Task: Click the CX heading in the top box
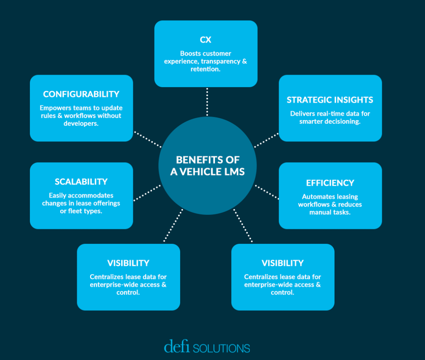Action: click(205, 40)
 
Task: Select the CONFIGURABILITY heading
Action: click(81, 94)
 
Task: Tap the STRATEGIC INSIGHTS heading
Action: click(330, 100)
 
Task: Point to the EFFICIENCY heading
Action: click(330, 183)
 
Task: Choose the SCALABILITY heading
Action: click(81, 182)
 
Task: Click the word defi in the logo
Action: click(177, 346)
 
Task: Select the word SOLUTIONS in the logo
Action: click(222, 348)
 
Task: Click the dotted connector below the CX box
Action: click(207, 102)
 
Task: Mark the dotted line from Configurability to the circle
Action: click(148, 139)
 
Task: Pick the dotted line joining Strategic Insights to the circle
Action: click(266, 140)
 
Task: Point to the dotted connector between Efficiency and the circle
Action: click(267, 192)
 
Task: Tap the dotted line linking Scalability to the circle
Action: click(147, 193)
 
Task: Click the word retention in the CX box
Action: click(205, 69)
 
